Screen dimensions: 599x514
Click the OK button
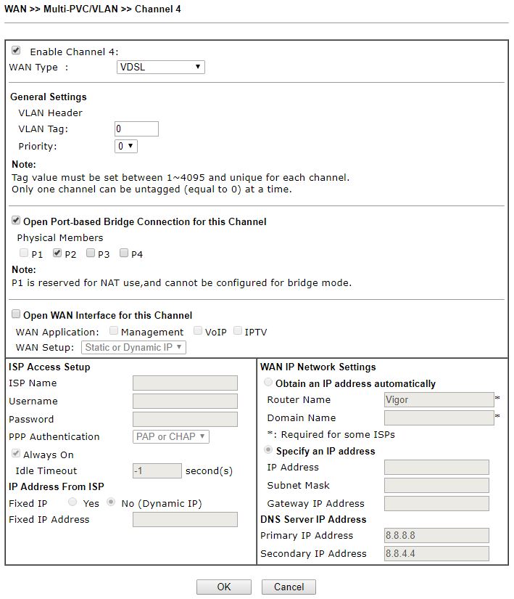(x=223, y=587)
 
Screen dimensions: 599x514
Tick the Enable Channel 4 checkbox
(x=16, y=51)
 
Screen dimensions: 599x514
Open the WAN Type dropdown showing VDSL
(x=161, y=68)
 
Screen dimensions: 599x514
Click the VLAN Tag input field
(x=136, y=129)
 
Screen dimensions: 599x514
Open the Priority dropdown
(x=126, y=146)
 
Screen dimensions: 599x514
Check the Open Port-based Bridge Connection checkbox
(x=16, y=221)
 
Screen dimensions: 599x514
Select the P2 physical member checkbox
(x=57, y=253)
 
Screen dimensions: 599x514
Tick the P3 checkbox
(x=91, y=253)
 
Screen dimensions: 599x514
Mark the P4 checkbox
(x=124, y=253)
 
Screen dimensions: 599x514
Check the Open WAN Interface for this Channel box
(x=16, y=315)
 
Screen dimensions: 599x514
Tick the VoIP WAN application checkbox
(x=198, y=332)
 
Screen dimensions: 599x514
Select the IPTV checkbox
(x=238, y=332)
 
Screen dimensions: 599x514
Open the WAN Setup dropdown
(x=134, y=348)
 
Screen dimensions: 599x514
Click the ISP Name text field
(x=185, y=383)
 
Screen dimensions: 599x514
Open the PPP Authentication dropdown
(x=172, y=437)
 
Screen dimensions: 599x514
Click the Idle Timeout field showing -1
(x=157, y=470)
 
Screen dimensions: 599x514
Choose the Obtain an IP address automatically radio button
(x=270, y=383)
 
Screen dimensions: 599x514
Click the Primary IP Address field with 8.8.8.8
(x=436, y=536)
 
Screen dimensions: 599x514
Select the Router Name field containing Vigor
(x=439, y=400)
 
